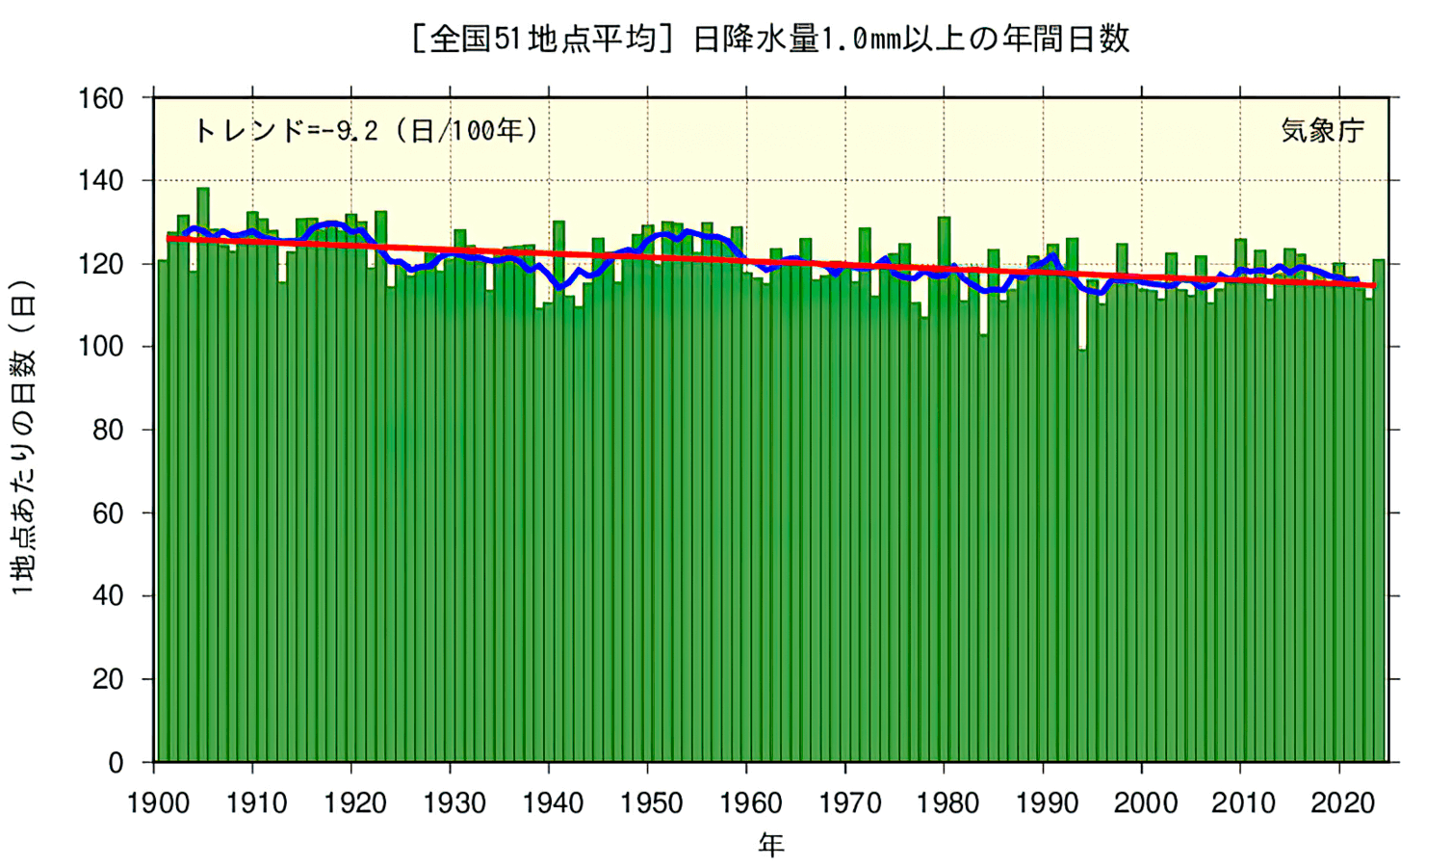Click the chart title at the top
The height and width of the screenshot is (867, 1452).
pos(769,39)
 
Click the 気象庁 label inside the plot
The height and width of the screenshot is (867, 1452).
pos(1322,130)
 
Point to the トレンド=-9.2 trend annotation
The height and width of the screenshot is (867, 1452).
pos(366,130)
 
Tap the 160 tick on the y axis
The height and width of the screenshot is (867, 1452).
pos(101,98)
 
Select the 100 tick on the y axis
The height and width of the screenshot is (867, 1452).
pos(101,347)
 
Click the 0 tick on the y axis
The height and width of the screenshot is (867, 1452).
pos(115,763)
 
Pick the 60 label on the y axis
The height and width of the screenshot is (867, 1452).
pos(107,513)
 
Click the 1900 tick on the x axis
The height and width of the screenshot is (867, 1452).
pos(158,802)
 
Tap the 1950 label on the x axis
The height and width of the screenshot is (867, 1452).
pos(652,802)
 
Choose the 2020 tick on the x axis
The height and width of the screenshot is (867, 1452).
pos(1342,802)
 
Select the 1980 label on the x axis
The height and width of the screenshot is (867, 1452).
pos(947,802)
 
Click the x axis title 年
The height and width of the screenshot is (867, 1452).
pos(770,845)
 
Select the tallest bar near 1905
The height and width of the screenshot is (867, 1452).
pos(203,472)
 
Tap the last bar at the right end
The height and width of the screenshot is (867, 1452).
pos(1379,511)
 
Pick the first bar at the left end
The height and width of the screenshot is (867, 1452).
pos(163,511)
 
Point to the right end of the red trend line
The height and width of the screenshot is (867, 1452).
pos(1374,285)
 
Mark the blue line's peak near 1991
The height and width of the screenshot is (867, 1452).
pos(1054,255)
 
